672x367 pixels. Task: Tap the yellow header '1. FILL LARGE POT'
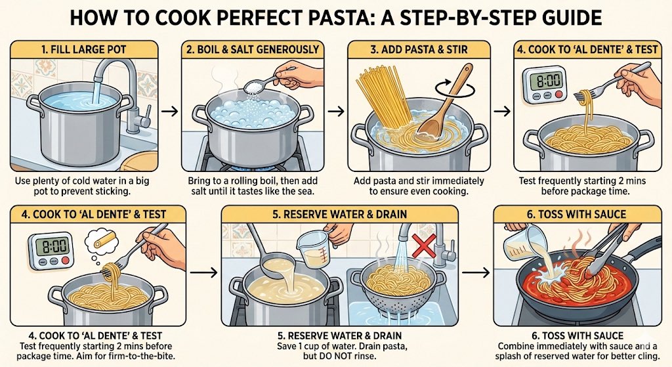coord(84,49)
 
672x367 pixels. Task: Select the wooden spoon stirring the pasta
coord(444,105)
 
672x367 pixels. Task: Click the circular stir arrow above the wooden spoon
coord(455,89)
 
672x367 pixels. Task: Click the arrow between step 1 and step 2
coord(170,112)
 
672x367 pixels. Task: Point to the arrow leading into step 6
coord(476,272)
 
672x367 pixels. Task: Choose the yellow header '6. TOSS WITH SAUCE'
coord(576,215)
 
